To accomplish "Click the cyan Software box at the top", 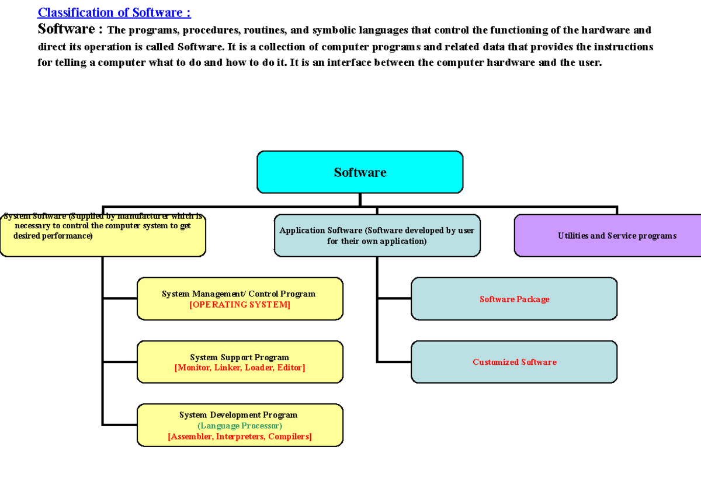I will pyautogui.click(x=360, y=172).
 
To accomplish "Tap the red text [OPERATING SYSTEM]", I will pyautogui.click(x=240, y=305).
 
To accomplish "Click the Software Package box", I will pyautogui.click(x=514, y=299).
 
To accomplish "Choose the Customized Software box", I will pyautogui.click(x=514, y=362).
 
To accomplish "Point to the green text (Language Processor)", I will pyautogui.click(x=240, y=426).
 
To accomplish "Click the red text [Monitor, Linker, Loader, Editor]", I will pyautogui.click(x=240, y=368).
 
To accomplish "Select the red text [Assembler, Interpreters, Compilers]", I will pyautogui.click(x=240, y=437).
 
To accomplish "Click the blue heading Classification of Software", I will pyautogui.click(x=114, y=12).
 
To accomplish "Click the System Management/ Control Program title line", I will pyautogui.click(x=238, y=294).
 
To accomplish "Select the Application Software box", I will pyautogui.click(x=377, y=235).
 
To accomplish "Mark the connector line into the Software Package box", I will pyautogui.click(x=394, y=298).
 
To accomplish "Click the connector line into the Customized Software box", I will pyautogui.click(x=394, y=362).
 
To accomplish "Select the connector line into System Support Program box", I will pyautogui.click(x=120, y=362).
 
